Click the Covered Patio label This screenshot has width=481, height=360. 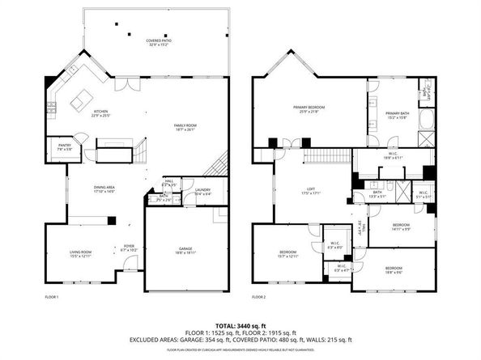(x=157, y=42)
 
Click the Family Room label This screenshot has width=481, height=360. (x=186, y=127)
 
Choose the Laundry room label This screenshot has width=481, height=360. (x=191, y=192)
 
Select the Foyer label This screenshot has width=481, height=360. (x=129, y=248)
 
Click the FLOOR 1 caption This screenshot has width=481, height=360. (x=53, y=298)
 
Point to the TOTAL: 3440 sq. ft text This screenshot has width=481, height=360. (x=240, y=324)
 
